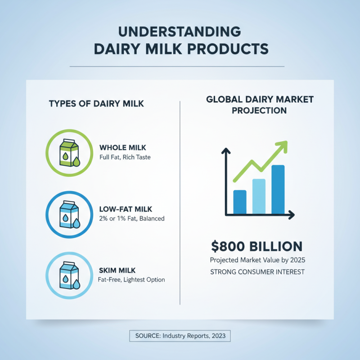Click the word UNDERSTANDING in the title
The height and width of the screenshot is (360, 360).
pos(180,32)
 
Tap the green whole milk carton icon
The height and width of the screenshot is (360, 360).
pos(69,153)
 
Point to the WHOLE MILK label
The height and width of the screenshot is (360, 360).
pos(122,148)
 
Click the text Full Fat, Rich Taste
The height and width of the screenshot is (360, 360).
pos(125,157)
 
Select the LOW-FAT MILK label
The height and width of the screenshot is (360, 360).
pos(125,209)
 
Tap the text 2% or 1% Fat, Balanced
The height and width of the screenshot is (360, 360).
pos(131,219)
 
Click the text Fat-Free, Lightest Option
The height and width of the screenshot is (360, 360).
pos(131,279)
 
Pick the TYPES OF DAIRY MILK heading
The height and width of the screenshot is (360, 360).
pos(96,104)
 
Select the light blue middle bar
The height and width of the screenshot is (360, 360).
pos(259,196)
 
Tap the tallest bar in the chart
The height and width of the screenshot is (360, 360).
pos(278,189)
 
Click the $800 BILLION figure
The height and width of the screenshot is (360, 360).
pos(256,247)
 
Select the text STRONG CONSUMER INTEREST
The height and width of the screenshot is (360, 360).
pos(257,272)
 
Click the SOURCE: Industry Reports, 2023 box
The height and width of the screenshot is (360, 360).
pos(180,336)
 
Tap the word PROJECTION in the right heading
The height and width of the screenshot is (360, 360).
pos(259,110)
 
